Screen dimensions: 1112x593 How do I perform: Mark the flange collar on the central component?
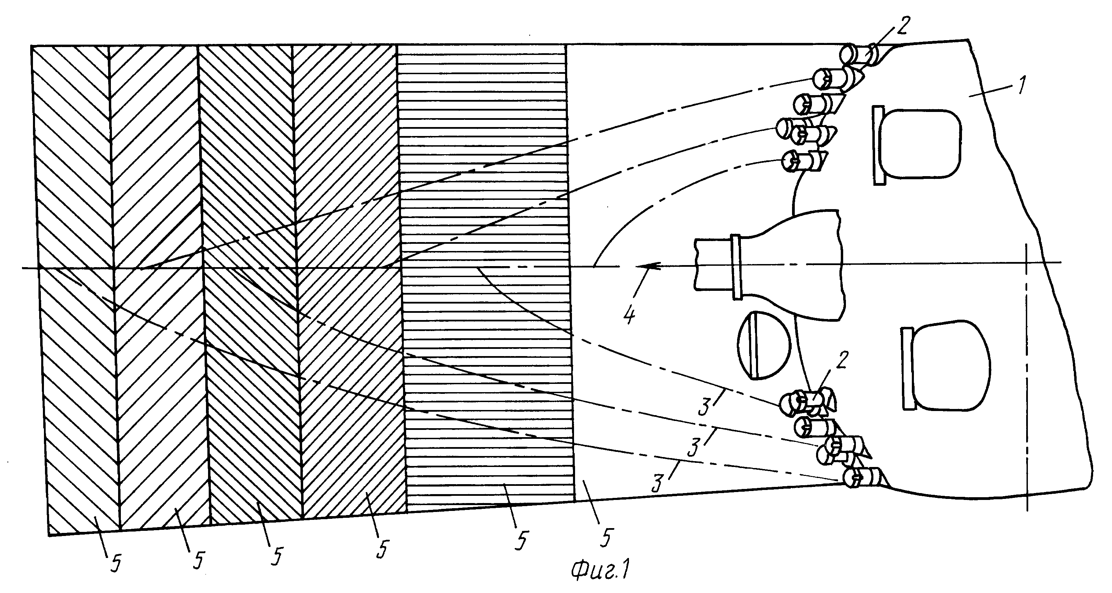[x=736, y=266]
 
